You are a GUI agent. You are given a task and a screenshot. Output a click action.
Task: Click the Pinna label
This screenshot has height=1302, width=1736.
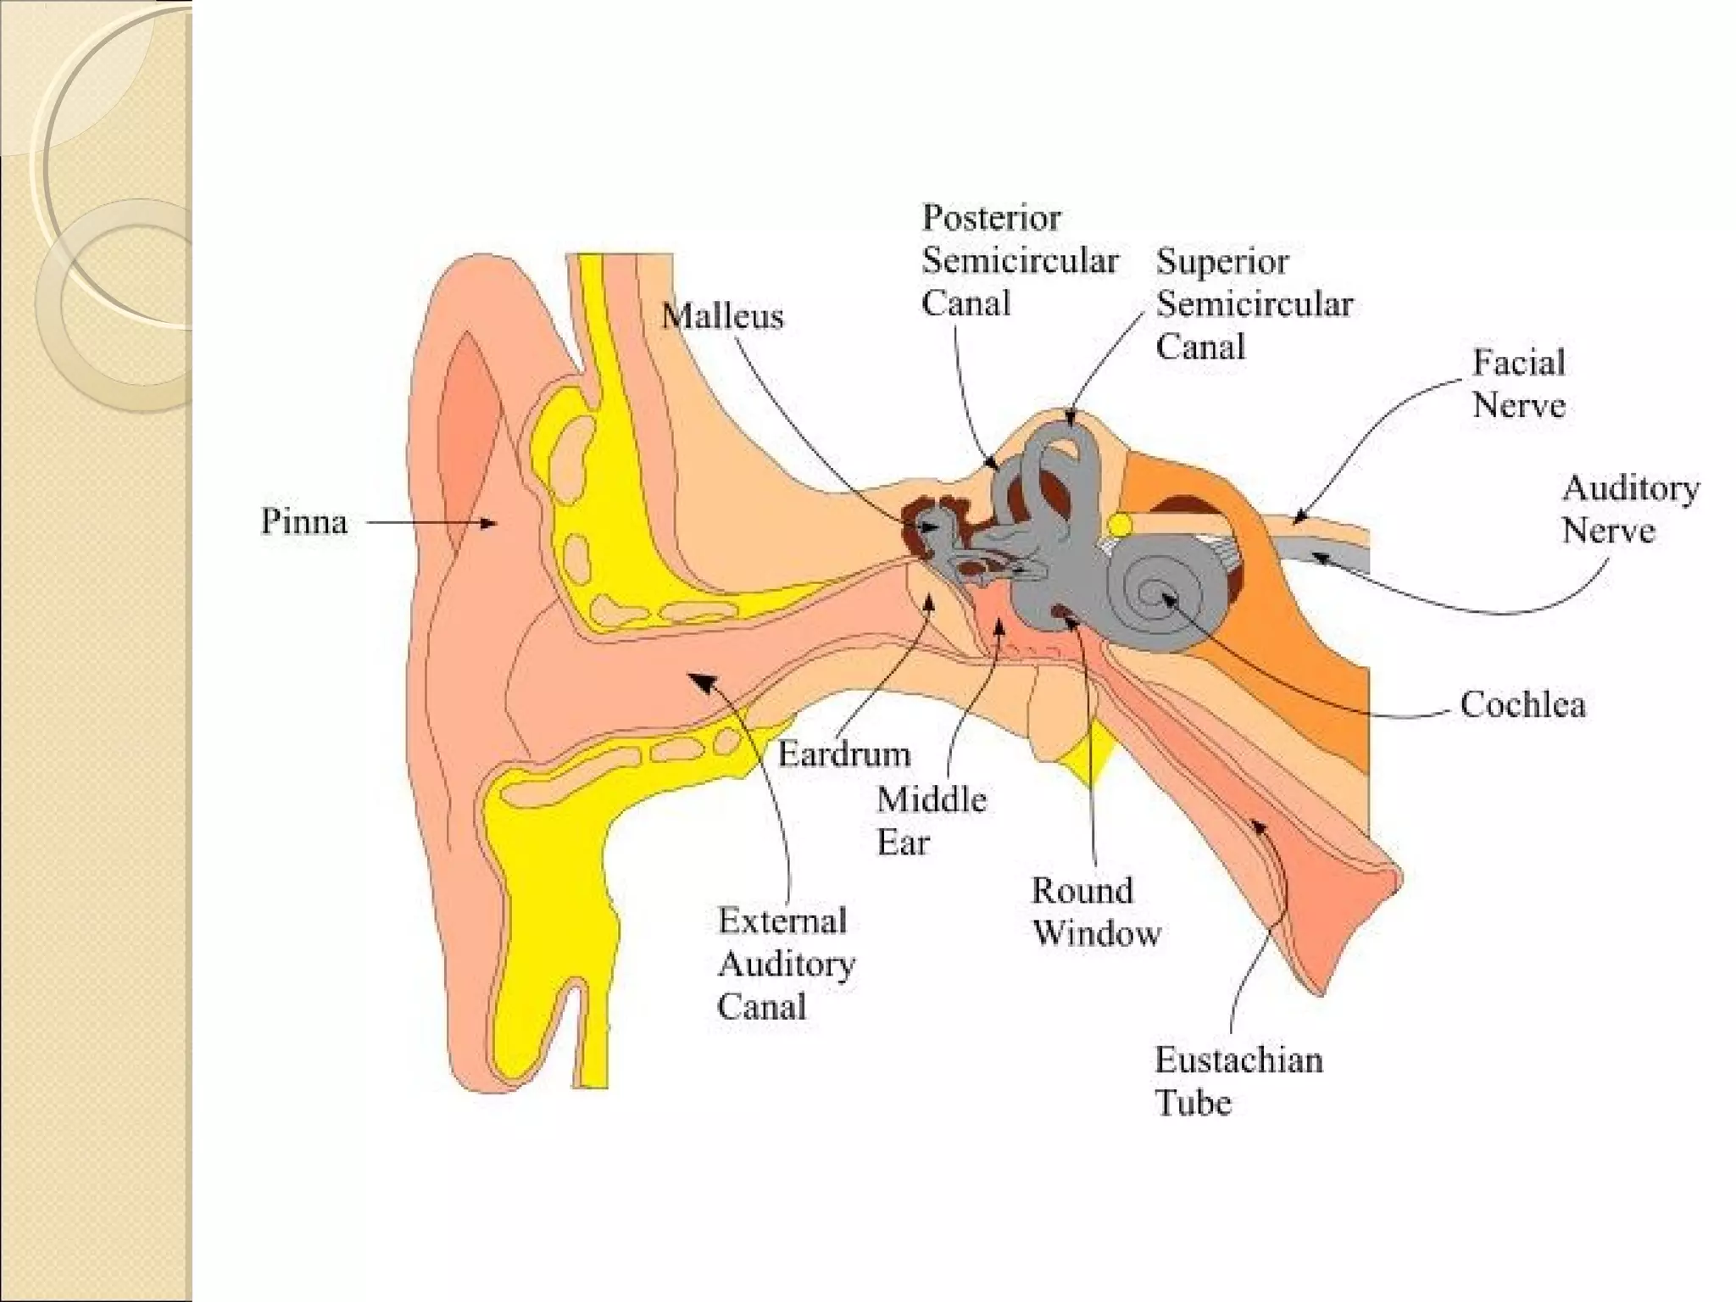[303, 521]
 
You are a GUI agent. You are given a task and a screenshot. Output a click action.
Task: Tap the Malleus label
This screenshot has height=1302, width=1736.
[722, 316]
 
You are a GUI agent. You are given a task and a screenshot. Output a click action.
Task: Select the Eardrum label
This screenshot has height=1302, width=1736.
[843, 754]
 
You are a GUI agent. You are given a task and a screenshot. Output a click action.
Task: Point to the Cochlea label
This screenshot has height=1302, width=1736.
[1522, 704]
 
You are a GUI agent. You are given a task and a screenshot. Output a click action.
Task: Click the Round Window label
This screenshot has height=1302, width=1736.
[1095, 911]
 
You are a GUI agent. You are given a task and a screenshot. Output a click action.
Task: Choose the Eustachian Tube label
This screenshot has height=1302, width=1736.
[1238, 1081]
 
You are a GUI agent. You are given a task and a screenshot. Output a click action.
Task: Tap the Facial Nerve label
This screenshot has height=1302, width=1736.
[1518, 383]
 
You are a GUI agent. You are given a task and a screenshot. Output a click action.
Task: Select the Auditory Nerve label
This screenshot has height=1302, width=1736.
[1629, 509]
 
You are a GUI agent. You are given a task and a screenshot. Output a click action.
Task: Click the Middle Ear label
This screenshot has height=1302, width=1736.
[931, 821]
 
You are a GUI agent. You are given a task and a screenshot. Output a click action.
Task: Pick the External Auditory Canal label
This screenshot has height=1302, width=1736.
[786, 963]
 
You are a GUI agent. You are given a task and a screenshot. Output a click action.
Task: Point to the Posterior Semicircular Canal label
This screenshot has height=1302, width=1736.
[1020, 260]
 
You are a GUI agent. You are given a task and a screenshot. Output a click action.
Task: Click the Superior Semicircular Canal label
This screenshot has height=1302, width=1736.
[1255, 303]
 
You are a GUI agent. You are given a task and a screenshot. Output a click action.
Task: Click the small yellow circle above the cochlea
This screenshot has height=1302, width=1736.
[1120, 526]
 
